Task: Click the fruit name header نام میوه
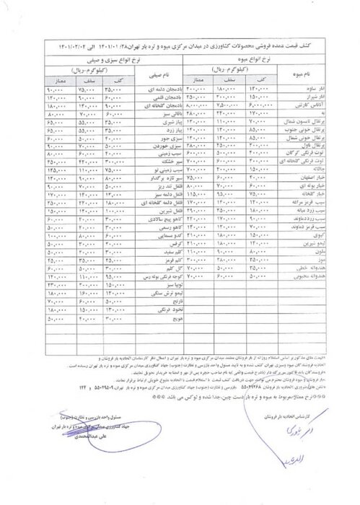point(317,74)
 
